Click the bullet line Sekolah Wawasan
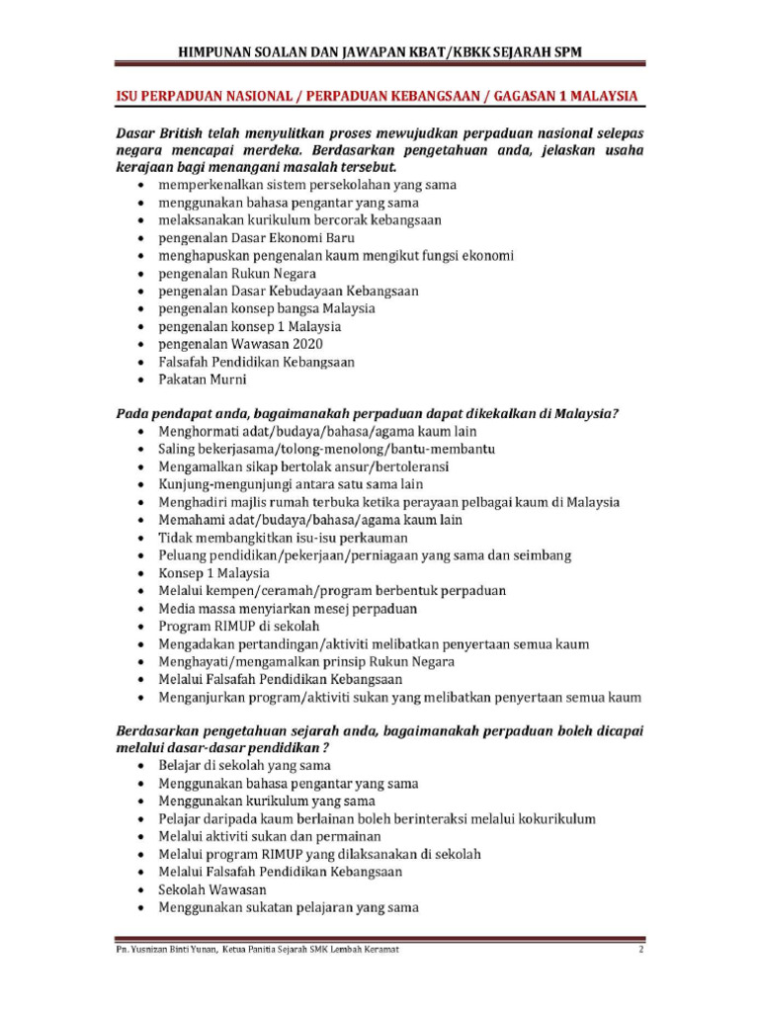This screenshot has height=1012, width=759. [x=212, y=890]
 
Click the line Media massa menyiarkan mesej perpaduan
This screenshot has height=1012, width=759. [x=288, y=609]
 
